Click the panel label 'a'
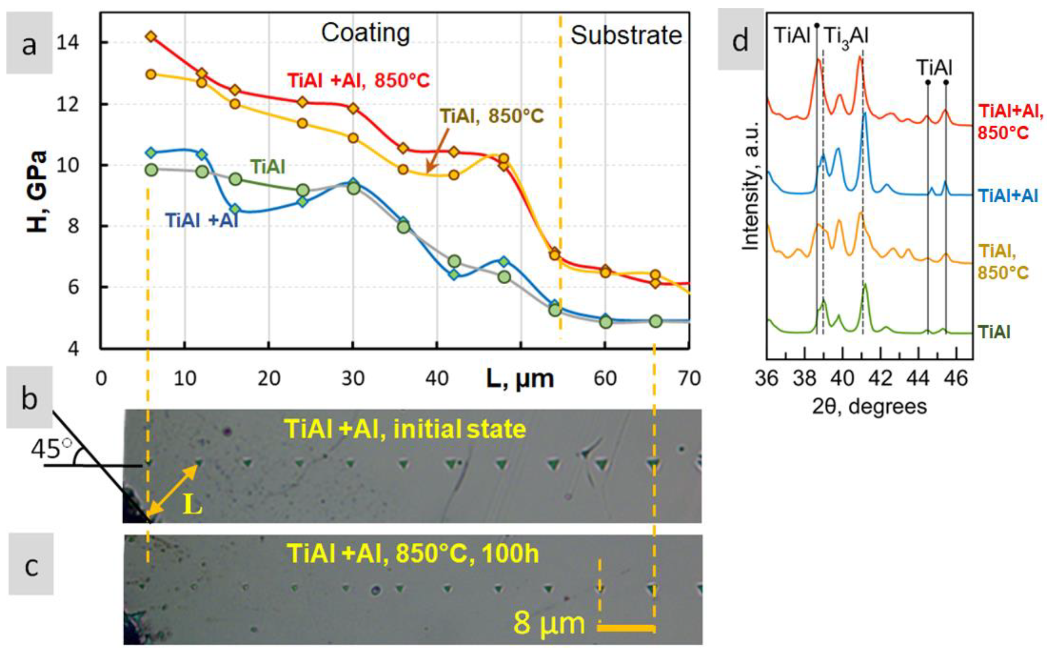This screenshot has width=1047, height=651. pyautogui.click(x=29, y=43)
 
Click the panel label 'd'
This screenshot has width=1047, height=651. pyautogui.click(x=740, y=42)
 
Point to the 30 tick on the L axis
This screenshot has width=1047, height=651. pyautogui.click(x=353, y=379)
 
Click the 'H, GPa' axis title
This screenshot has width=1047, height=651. pyautogui.click(x=36, y=192)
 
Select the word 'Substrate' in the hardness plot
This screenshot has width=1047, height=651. pyautogui.click(x=626, y=35)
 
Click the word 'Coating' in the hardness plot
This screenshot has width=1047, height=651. pyautogui.click(x=365, y=33)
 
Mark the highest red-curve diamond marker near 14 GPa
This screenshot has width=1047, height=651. pyautogui.click(x=151, y=37)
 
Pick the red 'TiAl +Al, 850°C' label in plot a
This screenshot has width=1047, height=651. pyautogui.click(x=358, y=80)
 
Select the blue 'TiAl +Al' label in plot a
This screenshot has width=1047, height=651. pyautogui.click(x=202, y=220)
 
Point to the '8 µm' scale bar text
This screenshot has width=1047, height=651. pyautogui.click(x=549, y=623)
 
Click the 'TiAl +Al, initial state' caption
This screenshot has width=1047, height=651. pyautogui.click(x=405, y=429)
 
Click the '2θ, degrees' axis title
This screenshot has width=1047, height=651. pyautogui.click(x=869, y=406)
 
